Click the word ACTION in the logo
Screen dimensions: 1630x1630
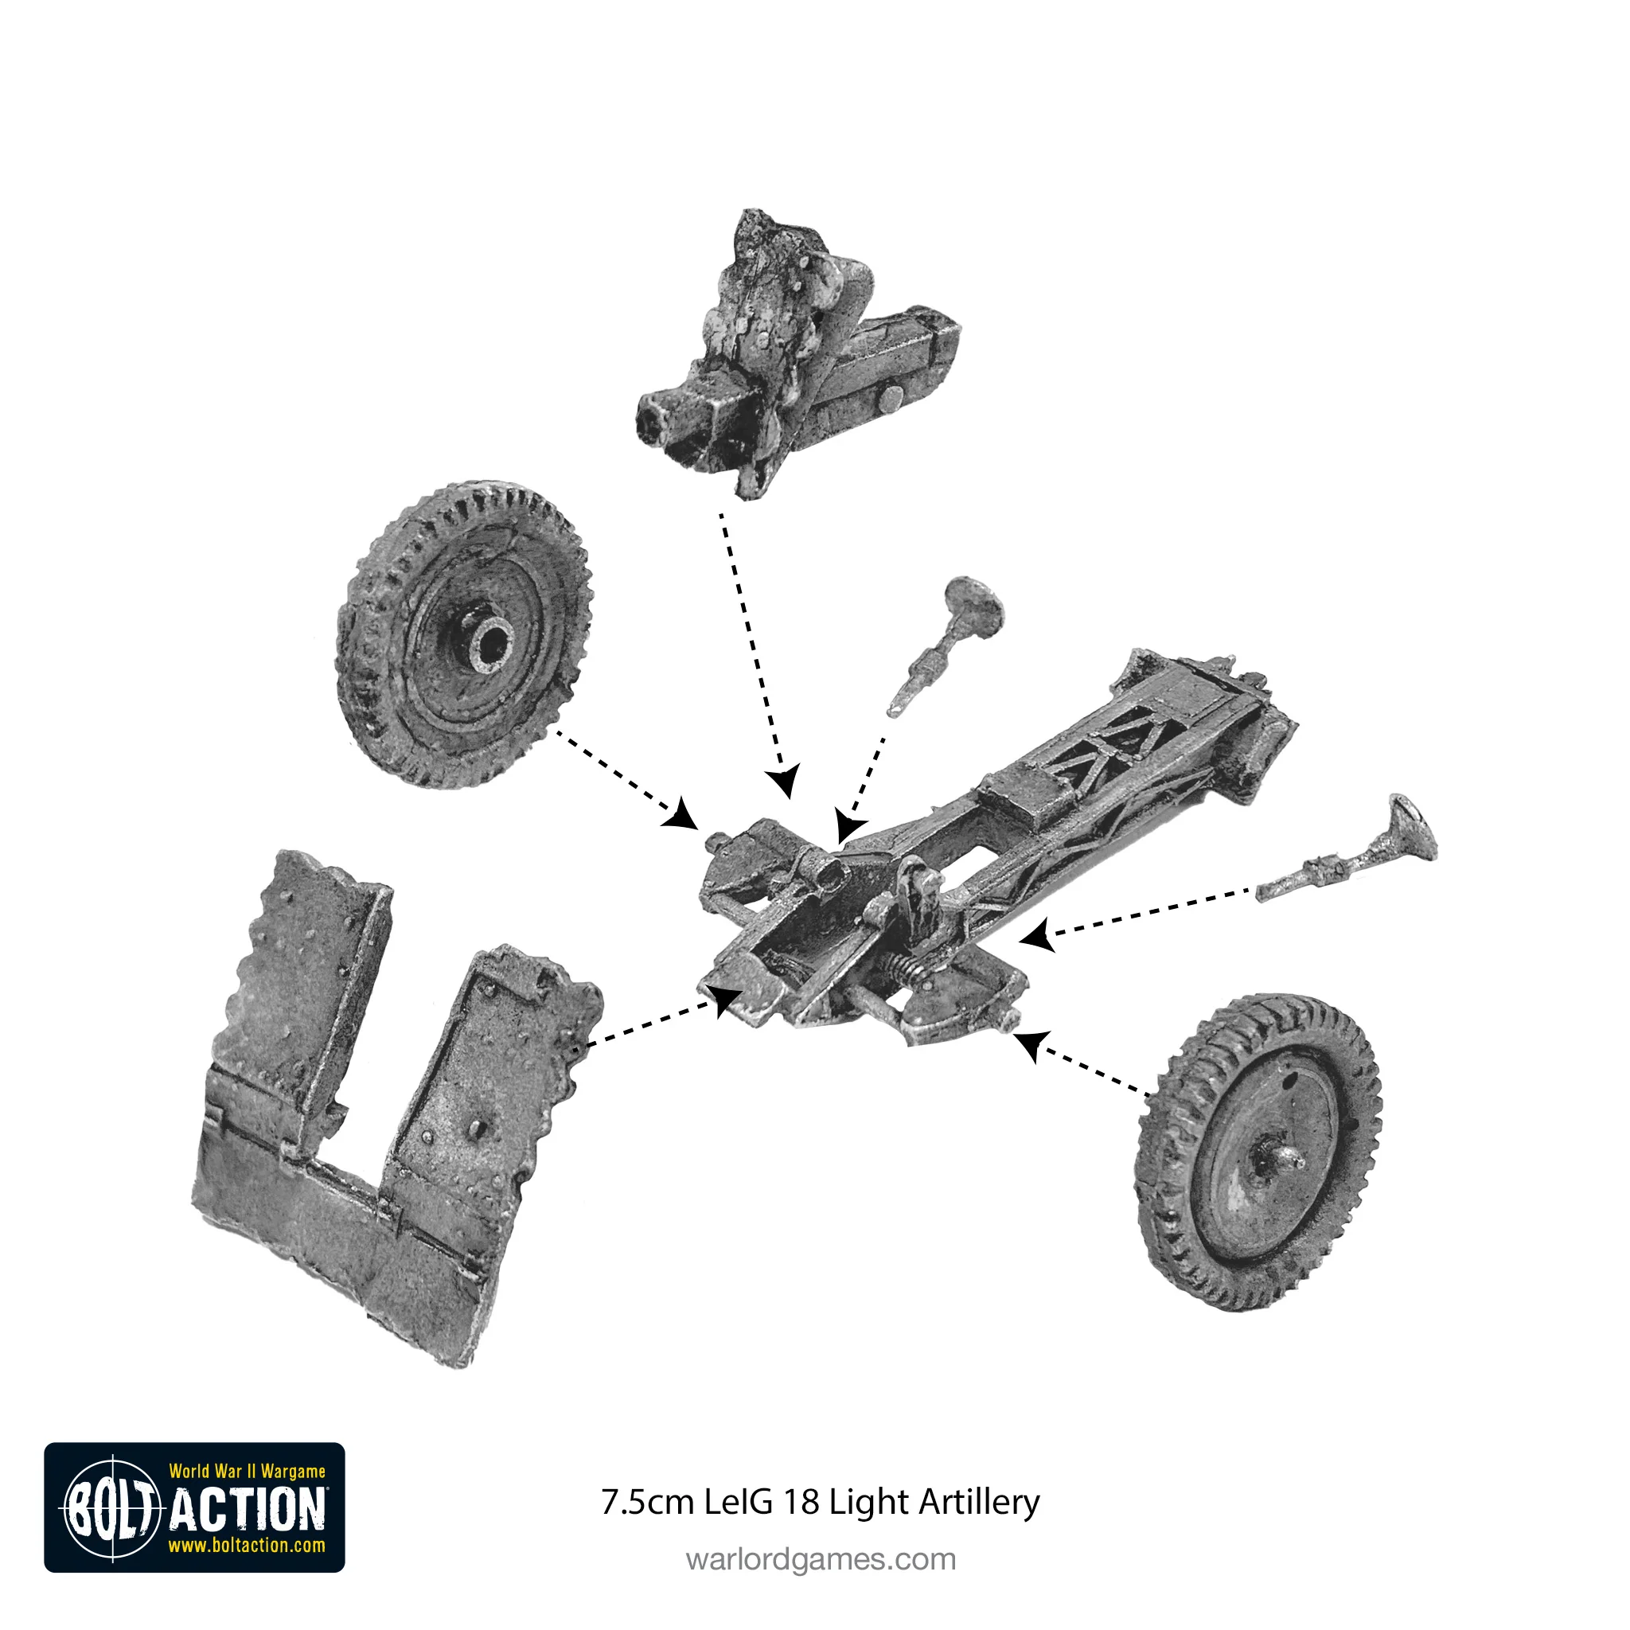(248, 1509)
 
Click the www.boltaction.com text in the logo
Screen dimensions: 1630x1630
(247, 1546)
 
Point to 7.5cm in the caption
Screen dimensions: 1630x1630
(647, 1503)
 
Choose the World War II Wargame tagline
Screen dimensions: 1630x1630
(247, 1472)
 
